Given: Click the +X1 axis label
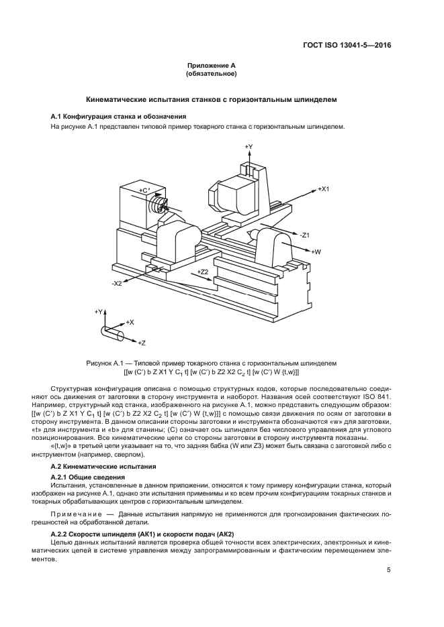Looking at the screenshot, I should tap(324, 190).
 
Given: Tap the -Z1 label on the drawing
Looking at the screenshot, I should tap(304, 235).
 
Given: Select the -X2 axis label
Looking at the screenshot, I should tap(117, 283).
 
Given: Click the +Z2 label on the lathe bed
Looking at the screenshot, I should tap(204, 271).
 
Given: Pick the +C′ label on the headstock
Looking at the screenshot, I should tap(144, 191).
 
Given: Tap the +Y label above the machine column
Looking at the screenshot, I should tap(249, 146).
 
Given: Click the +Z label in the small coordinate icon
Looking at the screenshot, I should tap(141, 343).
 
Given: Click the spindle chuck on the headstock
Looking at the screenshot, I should tap(159, 202).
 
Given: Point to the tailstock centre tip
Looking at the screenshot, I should tap(249, 233).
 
